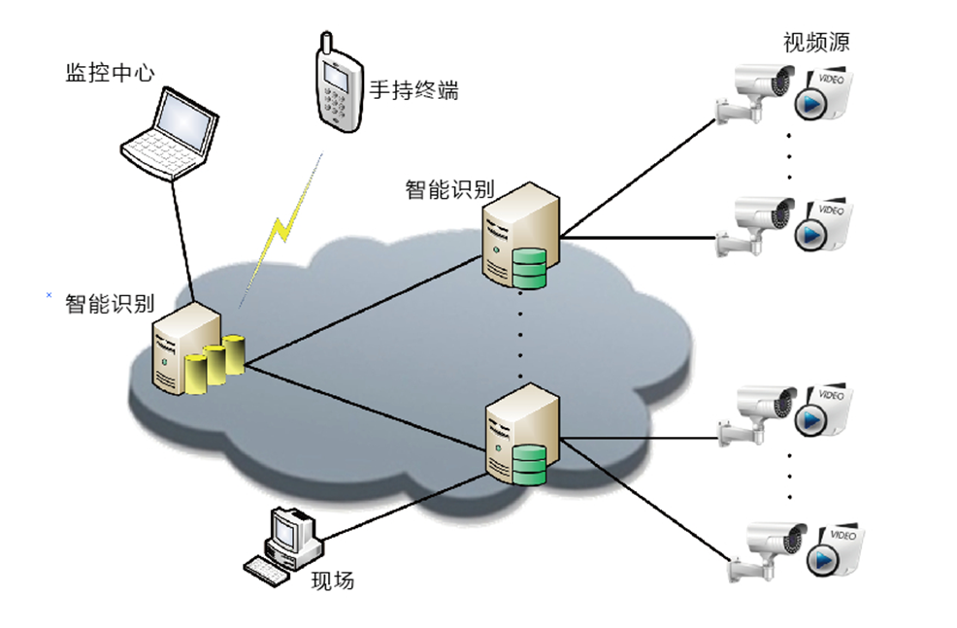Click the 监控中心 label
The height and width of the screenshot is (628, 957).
pos(110,74)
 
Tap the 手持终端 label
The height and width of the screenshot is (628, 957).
pos(413,91)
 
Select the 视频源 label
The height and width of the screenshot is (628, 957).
pos(817,42)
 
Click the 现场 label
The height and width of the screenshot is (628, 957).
pos(333,581)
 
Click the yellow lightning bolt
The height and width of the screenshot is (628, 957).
pos(282,229)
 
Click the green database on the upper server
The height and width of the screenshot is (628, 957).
pos(529,270)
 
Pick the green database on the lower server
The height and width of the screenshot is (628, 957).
pos(529,466)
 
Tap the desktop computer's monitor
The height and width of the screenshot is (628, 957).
pos(289,533)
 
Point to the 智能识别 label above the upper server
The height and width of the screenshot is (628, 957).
pos(449,188)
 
